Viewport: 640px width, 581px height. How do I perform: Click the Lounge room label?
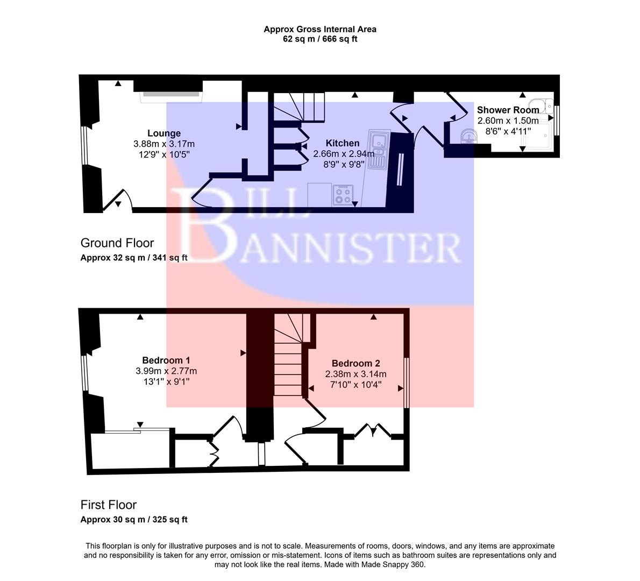(x=164, y=133)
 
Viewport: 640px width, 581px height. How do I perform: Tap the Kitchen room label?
(x=343, y=143)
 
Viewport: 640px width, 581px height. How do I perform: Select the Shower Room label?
(x=508, y=110)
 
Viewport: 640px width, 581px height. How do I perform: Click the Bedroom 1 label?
(x=166, y=360)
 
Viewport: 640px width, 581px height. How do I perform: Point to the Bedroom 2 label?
(x=355, y=363)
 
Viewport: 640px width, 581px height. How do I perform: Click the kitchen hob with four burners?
(x=343, y=195)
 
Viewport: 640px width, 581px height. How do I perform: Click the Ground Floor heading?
(x=117, y=243)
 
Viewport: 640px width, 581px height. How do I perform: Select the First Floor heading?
(x=109, y=505)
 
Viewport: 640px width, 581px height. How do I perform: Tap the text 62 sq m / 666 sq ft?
(x=320, y=39)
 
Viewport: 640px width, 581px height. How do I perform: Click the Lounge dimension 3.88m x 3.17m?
(x=164, y=144)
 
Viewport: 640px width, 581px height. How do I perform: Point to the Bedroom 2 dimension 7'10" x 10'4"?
(x=355, y=385)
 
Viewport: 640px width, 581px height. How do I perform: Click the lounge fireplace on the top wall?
(x=171, y=95)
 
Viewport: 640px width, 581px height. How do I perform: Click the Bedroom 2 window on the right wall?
(x=406, y=382)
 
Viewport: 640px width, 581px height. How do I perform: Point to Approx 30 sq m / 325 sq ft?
(x=134, y=520)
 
